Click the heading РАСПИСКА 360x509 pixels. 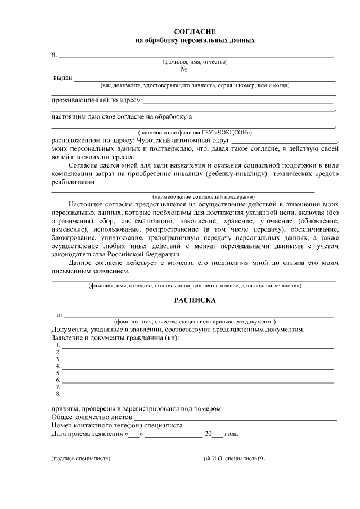(x=195, y=300)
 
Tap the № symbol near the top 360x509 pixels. (x=183, y=70)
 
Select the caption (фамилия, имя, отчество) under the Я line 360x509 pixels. (x=195, y=62)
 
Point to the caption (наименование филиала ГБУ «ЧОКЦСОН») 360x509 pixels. (x=195, y=132)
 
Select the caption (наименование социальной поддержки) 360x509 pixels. (x=195, y=197)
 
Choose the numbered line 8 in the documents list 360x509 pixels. (x=197, y=394)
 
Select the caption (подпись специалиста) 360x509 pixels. (x=80, y=458)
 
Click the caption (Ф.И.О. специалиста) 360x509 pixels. (x=231, y=458)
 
